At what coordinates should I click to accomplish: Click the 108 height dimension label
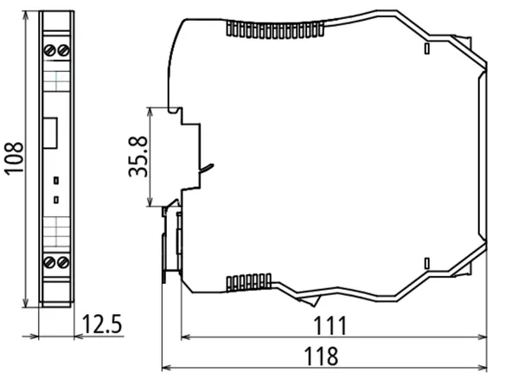[14, 158]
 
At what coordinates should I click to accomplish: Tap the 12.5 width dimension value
[102, 324]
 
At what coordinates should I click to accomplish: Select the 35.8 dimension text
[137, 157]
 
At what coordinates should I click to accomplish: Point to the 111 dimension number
[330, 325]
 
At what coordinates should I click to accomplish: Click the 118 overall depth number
[321, 356]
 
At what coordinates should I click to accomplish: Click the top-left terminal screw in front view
[49, 50]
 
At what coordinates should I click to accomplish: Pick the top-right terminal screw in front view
[63, 50]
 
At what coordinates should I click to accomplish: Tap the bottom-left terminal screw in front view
[49, 262]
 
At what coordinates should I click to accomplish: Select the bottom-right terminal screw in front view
[63, 262]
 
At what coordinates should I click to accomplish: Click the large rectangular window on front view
[50, 132]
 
